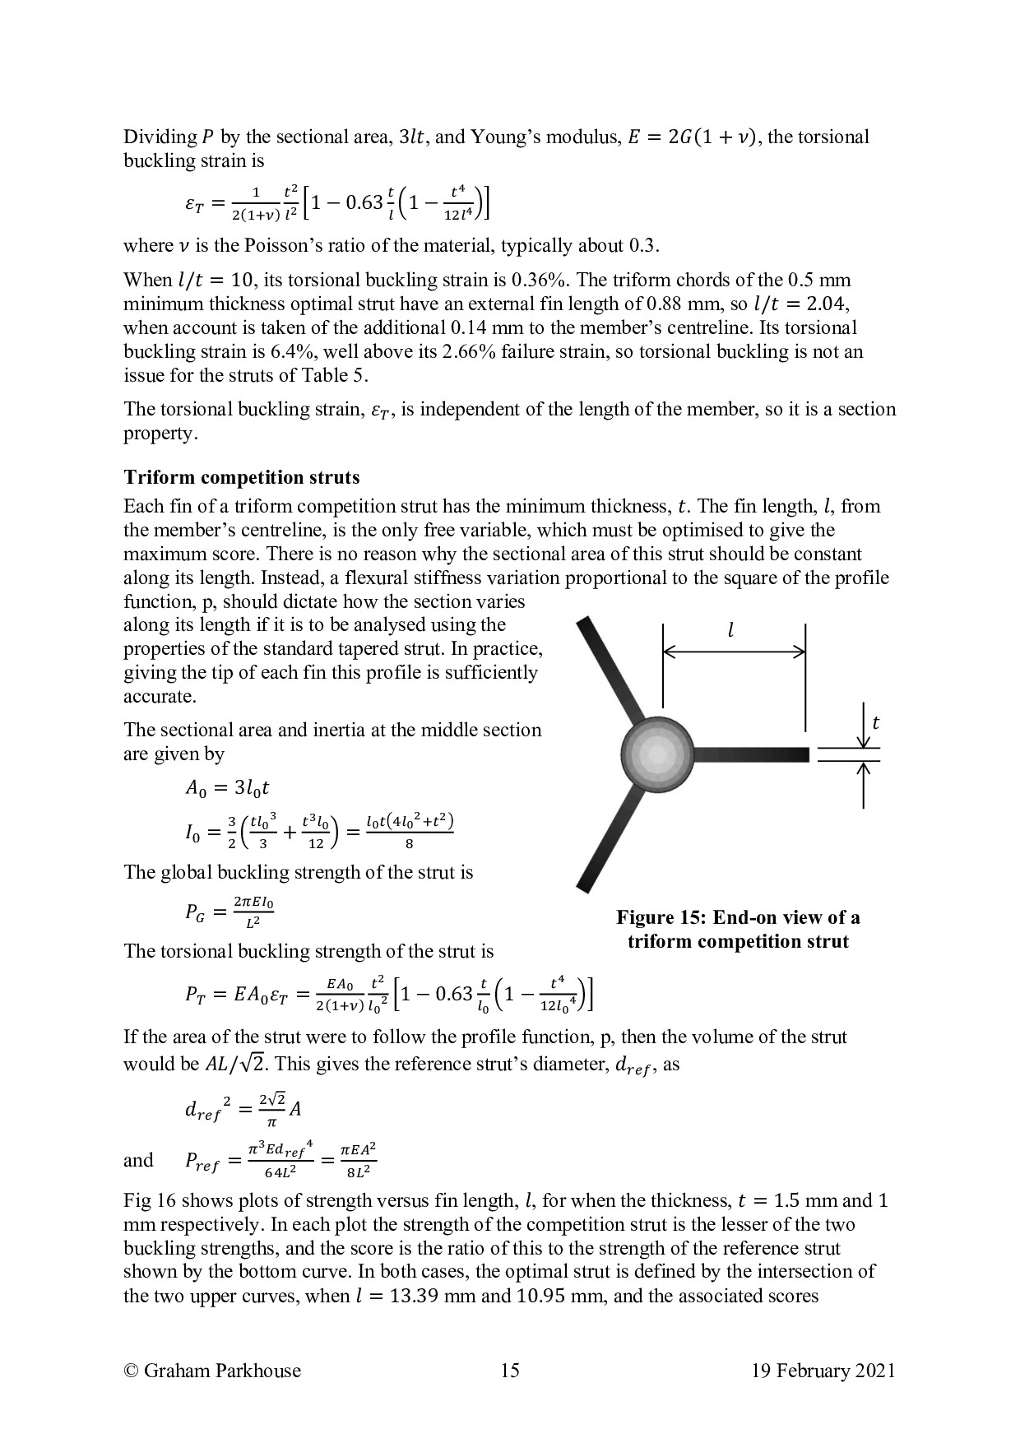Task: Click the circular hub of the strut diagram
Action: point(657,754)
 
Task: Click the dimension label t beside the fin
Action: point(875,723)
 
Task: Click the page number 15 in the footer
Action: point(509,1370)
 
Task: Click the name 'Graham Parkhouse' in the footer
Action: point(222,1370)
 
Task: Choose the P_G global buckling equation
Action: point(229,912)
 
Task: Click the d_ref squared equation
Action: point(243,1109)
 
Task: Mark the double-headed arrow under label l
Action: point(734,652)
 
